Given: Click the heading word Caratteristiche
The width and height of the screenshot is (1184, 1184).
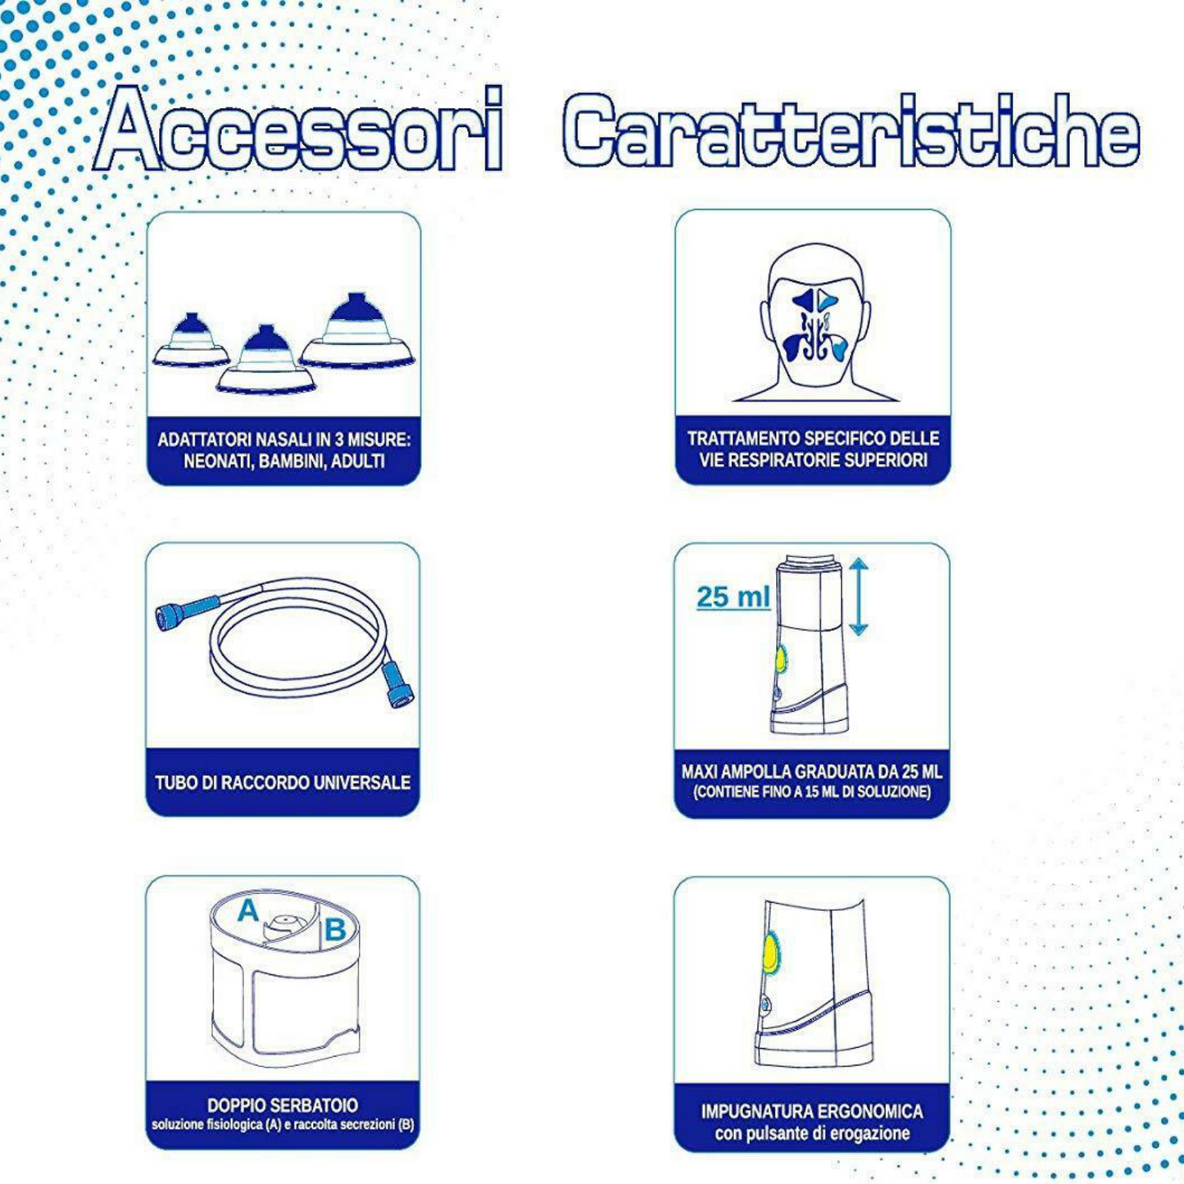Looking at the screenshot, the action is (x=851, y=130).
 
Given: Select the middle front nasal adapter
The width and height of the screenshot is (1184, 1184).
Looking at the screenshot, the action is (x=265, y=360).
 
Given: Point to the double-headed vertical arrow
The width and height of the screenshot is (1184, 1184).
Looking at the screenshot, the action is (x=859, y=597).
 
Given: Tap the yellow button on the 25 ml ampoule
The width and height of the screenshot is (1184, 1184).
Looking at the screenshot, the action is (x=780, y=660).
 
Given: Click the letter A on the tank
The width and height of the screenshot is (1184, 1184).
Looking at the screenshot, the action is (x=248, y=910).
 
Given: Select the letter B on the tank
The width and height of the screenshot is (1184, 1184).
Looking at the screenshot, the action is (x=335, y=930).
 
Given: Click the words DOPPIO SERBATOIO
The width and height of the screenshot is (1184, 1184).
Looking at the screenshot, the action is (x=283, y=1105).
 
